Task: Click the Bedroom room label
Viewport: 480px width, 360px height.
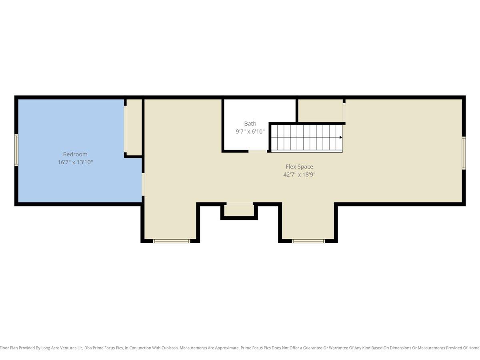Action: pyautogui.click(x=75, y=154)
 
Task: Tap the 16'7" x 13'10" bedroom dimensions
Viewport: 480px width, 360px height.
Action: pyautogui.click(x=75, y=162)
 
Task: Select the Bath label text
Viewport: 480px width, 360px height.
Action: pyautogui.click(x=250, y=124)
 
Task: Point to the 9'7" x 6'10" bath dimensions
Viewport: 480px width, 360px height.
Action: pyautogui.click(x=250, y=132)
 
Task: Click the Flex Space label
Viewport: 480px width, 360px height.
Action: pyautogui.click(x=299, y=167)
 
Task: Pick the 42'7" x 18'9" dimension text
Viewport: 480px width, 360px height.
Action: pyautogui.click(x=299, y=175)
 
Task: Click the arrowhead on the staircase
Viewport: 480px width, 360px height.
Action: pyautogui.click(x=341, y=137)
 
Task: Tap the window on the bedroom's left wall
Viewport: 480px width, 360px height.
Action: pyautogui.click(x=16, y=150)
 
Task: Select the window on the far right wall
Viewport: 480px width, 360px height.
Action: pyautogui.click(x=464, y=153)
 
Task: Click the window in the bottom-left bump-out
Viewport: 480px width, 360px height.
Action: pyautogui.click(x=172, y=241)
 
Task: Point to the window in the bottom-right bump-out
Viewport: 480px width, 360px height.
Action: pyautogui.click(x=308, y=241)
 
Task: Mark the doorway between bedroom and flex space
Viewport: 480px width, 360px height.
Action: pyautogui.click(x=143, y=184)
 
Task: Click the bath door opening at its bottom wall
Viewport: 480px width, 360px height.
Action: pyautogui.click(x=258, y=151)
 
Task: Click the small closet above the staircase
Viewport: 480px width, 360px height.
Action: pyautogui.click(x=320, y=111)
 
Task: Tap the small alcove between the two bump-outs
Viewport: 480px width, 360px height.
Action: pyautogui.click(x=239, y=210)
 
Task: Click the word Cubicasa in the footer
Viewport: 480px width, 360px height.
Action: pyautogui.click(x=170, y=348)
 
